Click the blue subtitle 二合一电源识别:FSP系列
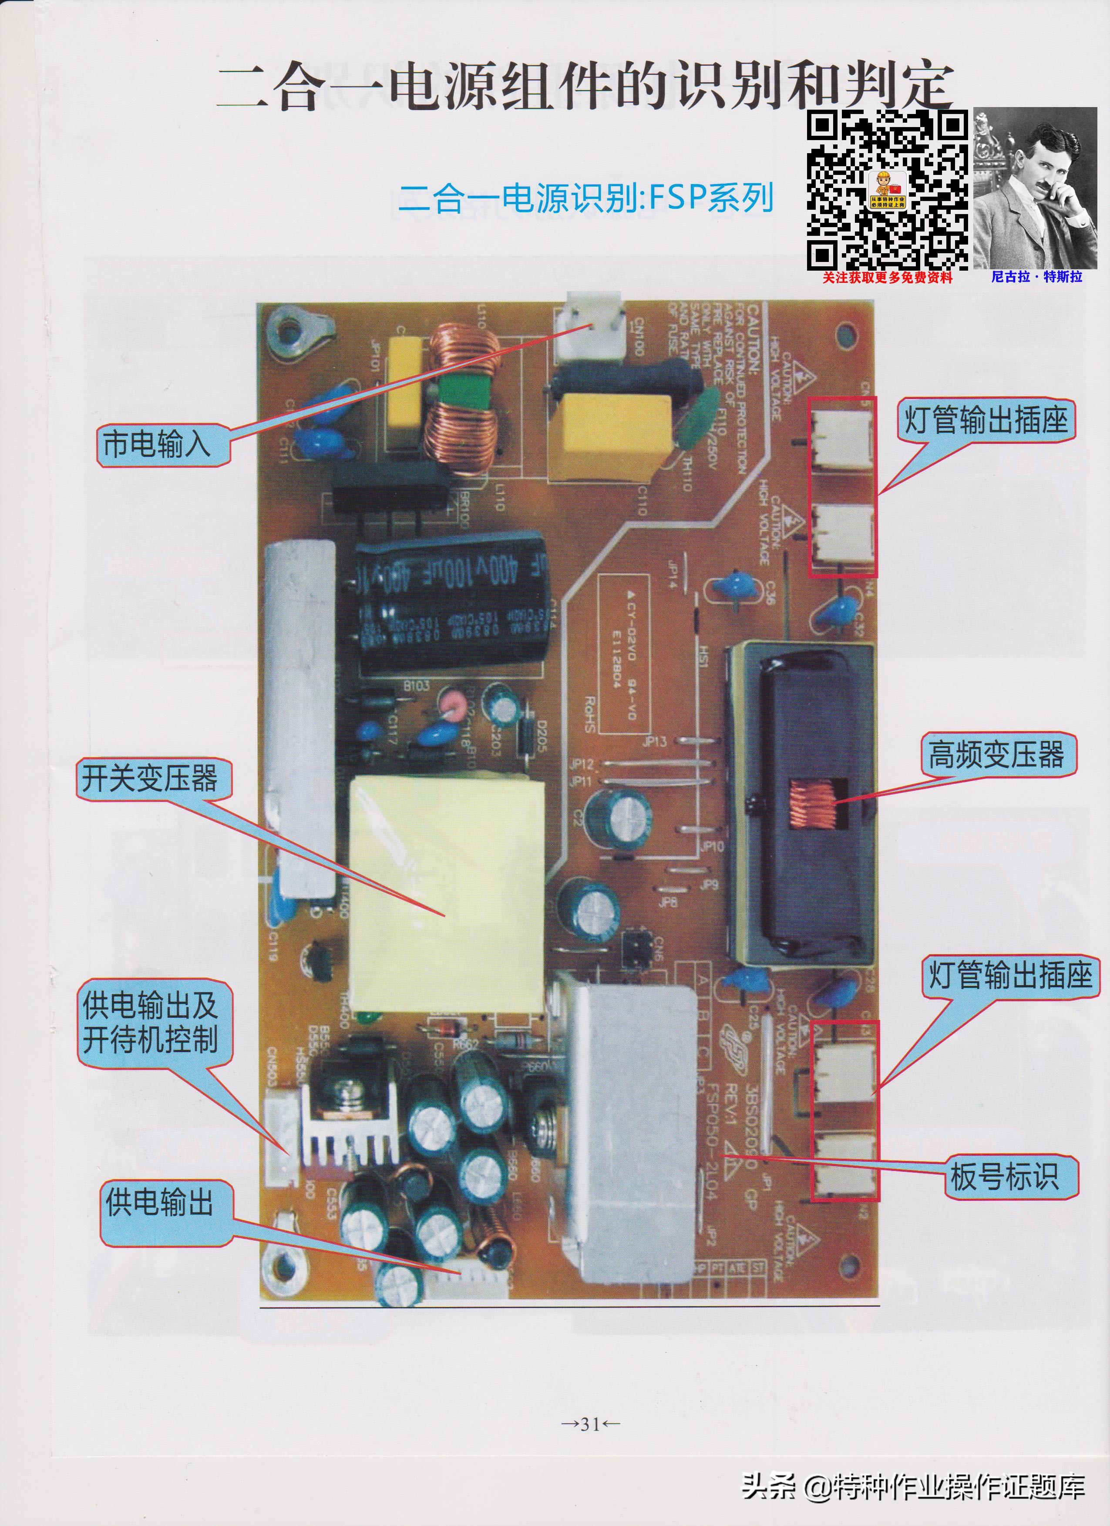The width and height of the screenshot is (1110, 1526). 584,198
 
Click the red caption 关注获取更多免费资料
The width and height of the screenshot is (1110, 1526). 887,277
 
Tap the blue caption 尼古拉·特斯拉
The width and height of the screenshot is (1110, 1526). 1036,277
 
